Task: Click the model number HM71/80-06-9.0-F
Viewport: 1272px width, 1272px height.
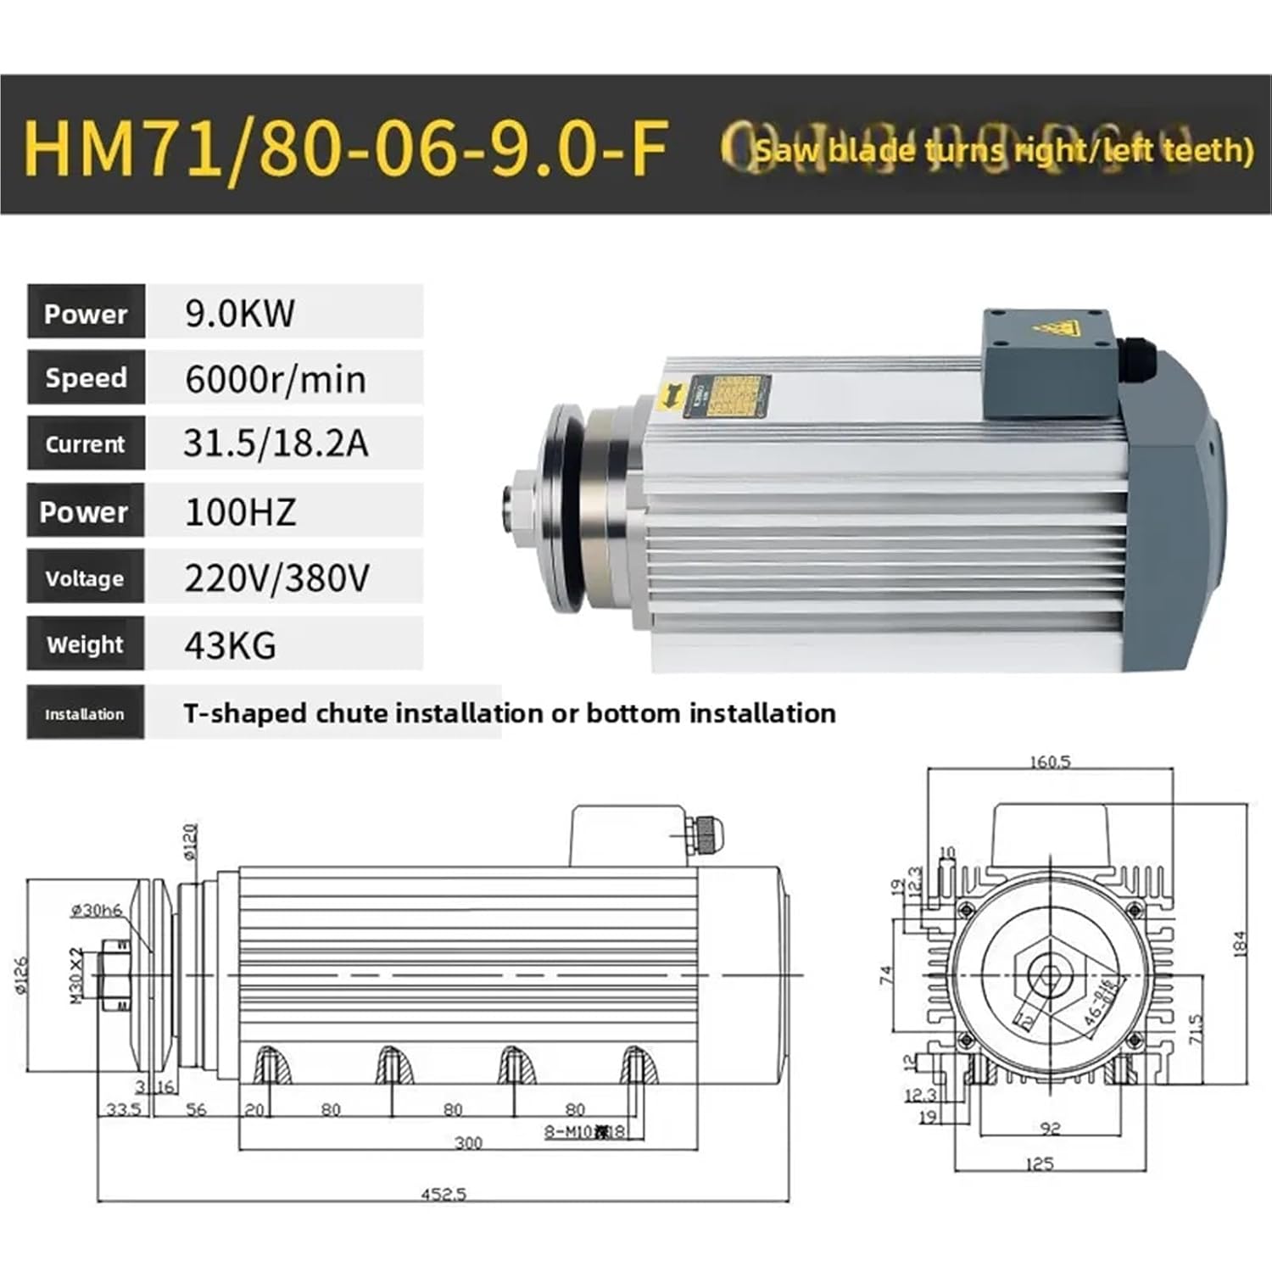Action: (x=346, y=148)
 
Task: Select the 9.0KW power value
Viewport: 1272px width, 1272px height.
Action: (x=240, y=313)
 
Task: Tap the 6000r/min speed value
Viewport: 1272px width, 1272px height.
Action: (x=276, y=378)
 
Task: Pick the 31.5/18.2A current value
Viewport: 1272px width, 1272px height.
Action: (x=276, y=444)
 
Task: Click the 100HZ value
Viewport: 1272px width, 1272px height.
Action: (x=240, y=511)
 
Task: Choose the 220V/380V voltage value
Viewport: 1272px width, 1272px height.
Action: (x=276, y=578)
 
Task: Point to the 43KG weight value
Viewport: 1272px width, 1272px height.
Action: (x=230, y=645)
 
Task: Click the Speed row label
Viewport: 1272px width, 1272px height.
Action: (x=86, y=378)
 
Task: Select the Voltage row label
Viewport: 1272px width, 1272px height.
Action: (x=85, y=578)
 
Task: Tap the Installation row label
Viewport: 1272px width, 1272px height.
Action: (x=85, y=714)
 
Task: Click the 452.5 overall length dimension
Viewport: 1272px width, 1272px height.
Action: (x=444, y=1194)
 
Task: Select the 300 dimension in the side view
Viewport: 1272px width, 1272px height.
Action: (x=468, y=1143)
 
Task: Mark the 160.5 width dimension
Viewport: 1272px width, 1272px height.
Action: (x=1050, y=762)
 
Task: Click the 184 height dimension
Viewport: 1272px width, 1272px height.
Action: (x=1240, y=944)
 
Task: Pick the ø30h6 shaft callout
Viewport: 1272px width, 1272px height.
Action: (x=96, y=910)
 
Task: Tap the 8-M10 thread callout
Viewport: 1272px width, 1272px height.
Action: (x=584, y=1131)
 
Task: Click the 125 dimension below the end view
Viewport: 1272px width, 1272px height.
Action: (x=1039, y=1163)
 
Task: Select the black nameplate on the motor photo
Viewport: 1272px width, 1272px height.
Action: (x=734, y=398)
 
